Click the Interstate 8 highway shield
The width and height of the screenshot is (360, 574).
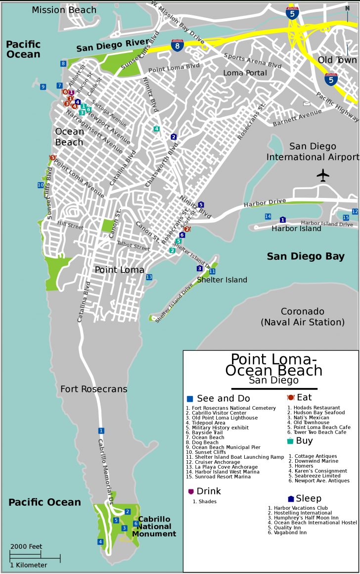177,46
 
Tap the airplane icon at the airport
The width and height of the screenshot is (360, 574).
323,175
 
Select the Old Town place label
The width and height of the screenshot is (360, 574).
334,60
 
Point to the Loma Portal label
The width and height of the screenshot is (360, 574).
245,73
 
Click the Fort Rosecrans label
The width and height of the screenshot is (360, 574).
93,389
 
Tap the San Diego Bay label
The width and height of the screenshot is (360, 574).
306,256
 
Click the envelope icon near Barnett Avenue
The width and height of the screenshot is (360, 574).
307,103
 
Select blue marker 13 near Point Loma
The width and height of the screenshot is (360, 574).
149,277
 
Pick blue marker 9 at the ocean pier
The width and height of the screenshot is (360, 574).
43,87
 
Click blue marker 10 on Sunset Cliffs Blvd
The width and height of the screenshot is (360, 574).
41,185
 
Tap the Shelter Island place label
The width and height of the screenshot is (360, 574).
222,280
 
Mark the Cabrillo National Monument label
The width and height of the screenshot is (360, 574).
157,526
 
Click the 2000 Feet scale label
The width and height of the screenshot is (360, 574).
26,547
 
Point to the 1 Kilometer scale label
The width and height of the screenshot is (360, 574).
29,565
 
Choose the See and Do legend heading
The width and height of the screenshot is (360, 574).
223,398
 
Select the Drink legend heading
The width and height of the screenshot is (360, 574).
208,491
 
